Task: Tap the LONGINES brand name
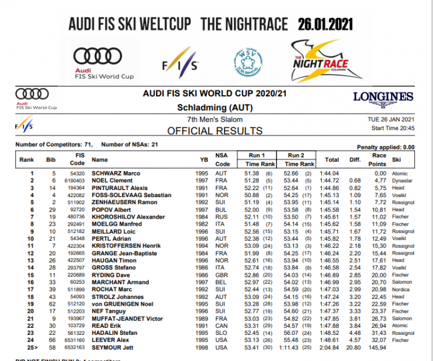[382, 96]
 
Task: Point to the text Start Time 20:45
[392, 128]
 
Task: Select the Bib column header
[51, 159]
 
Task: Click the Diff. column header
[355, 159]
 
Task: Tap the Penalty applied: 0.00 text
[385, 148]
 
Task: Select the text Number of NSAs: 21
[130, 144]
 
